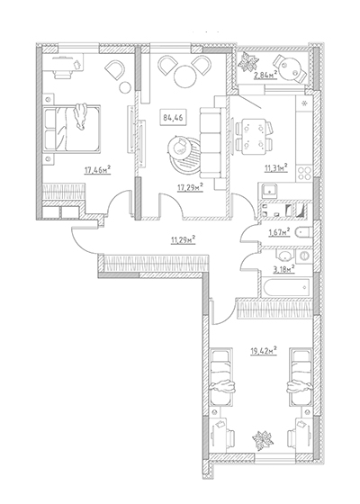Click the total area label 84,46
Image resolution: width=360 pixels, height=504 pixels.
pyautogui.click(x=173, y=118)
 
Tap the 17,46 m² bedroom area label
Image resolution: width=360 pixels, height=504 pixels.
pyautogui.click(x=97, y=170)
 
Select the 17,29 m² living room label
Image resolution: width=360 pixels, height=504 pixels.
pyautogui.click(x=190, y=187)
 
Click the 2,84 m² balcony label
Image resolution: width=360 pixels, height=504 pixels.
pyautogui.click(x=265, y=76)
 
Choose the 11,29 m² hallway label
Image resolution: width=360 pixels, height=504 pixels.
pyautogui.click(x=184, y=239)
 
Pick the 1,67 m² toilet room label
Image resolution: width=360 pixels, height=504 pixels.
pyautogui.click(x=279, y=232)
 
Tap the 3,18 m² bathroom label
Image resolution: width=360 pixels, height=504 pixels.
pyautogui.click(x=284, y=269)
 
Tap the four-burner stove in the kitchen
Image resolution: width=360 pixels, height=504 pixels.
pyautogui.click(x=304, y=174)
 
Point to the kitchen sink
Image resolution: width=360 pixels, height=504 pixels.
pyautogui.click(x=269, y=191)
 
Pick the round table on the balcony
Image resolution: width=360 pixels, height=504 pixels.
pyautogui.click(x=289, y=68)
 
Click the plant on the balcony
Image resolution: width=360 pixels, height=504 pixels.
pyautogui.click(x=248, y=62)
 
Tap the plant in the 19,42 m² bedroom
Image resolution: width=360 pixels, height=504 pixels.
pyautogui.click(x=263, y=440)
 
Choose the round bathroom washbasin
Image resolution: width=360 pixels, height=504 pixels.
pyautogui.click(x=283, y=256)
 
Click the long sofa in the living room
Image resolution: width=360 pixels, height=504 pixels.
pyautogui.click(x=211, y=143)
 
